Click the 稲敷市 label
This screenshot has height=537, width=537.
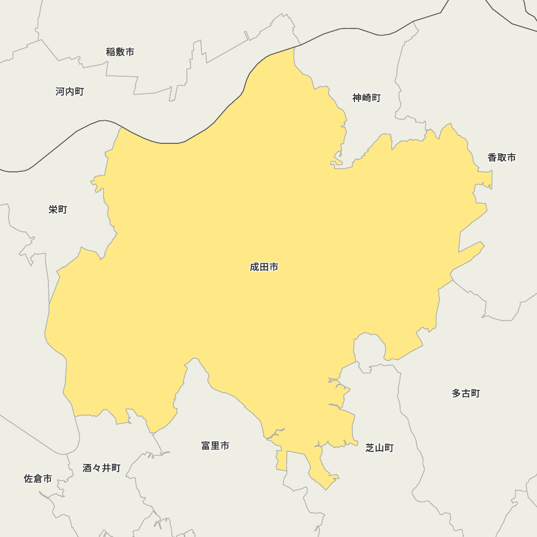point(120,52)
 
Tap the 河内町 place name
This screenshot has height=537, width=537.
point(70,92)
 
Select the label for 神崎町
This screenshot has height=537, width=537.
point(367,98)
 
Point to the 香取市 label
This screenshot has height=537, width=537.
point(502,157)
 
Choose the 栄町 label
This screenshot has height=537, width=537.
point(58,209)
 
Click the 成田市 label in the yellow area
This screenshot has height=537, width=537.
point(264,267)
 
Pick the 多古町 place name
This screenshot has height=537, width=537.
point(466,394)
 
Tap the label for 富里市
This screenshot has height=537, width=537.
point(215,446)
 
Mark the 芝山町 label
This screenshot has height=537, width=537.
point(380,448)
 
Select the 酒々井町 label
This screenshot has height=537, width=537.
point(101,468)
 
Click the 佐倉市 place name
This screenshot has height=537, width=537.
point(38,478)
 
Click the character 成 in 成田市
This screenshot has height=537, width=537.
point(255,267)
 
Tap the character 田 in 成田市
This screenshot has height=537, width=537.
point(264,267)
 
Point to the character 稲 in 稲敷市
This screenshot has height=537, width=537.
point(111,52)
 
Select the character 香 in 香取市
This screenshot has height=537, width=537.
point(492,157)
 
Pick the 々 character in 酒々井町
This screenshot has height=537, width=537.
point(97,468)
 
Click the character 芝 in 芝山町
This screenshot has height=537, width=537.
point(371,448)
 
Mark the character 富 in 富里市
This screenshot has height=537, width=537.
point(206,446)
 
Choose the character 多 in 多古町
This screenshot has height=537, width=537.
point(456,394)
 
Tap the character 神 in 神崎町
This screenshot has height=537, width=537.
point(358,98)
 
